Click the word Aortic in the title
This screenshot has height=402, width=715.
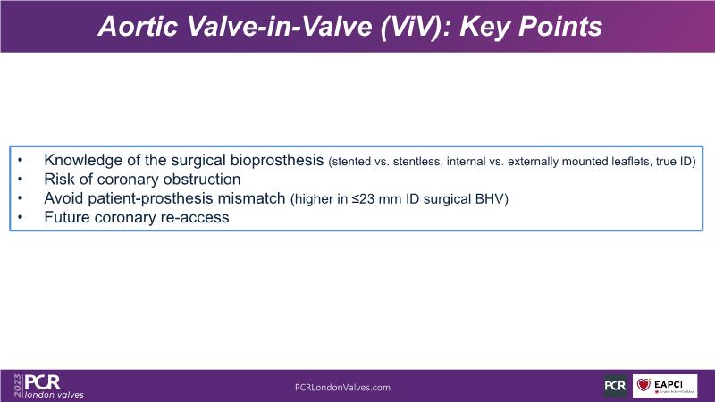pyautogui.click(x=138, y=27)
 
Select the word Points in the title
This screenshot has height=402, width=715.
pyautogui.click(x=561, y=27)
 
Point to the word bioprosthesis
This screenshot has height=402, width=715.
pyautogui.click(x=277, y=161)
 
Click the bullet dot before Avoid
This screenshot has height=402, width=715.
pyautogui.click(x=20, y=198)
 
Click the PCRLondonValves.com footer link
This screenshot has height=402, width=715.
pyautogui.click(x=342, y=388)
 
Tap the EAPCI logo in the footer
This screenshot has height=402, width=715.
pyautogui.click(x=665, y=386)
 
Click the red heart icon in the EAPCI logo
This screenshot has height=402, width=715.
pyautogui.click(x=643, y=385)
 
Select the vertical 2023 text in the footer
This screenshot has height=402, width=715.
pyautogui.click(x=18, y=386)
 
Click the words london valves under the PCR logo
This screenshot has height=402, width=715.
pyautogui.click(x=55, y=395)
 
